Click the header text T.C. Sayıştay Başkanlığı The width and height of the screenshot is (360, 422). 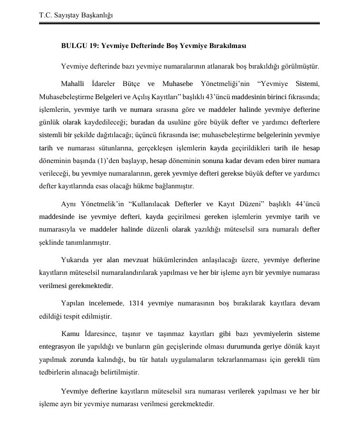pyautogui.click(x=77, y=15)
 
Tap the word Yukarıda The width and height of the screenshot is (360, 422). pyautogui.click(x=76, y=261)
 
